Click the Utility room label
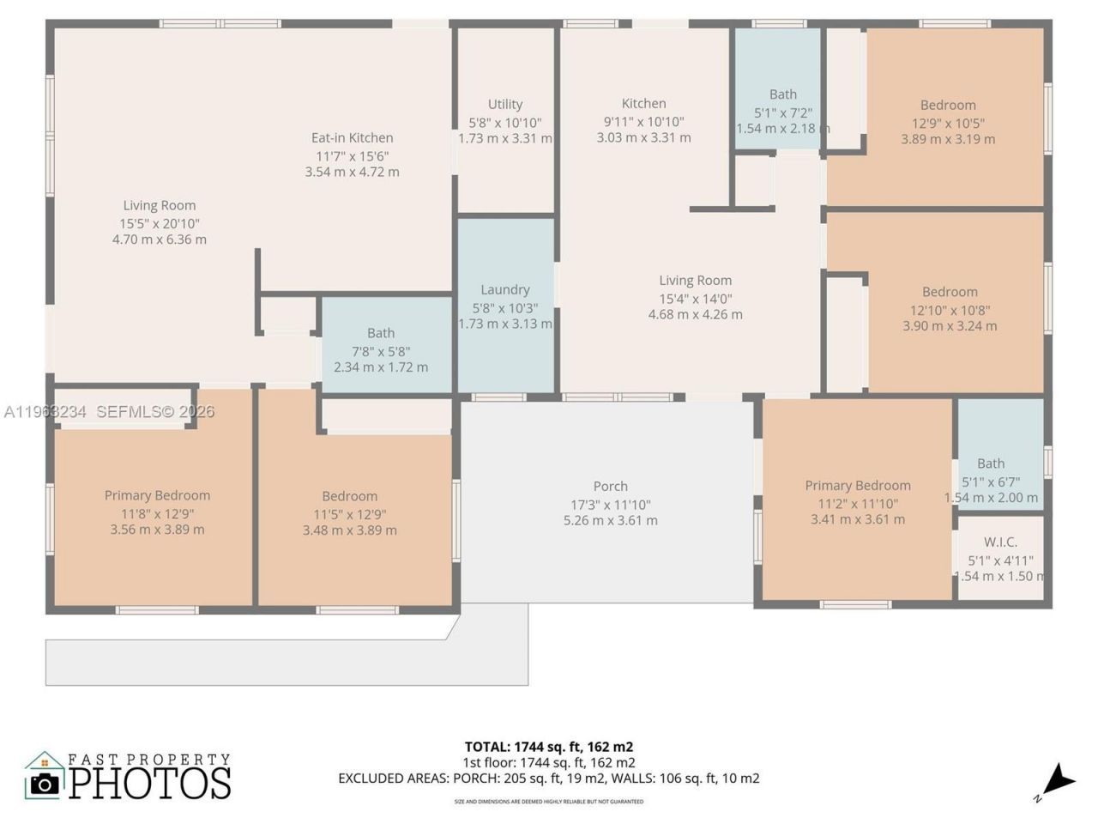(505, 104)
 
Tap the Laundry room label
(505, 289)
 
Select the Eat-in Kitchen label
(352, 137)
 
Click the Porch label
(611, 486)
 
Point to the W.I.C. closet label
(1000, 542)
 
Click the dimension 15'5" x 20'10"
(160, 223)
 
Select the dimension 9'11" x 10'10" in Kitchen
(643, 122)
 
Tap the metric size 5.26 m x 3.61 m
(611, 520)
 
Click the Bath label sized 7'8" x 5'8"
(381, 333)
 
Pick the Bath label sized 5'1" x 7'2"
(782, 94)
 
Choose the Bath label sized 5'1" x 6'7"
(991, 463)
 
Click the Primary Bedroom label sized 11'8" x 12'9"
(157, 495)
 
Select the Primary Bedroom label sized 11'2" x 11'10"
(858, 485)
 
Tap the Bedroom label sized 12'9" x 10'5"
(948, 105)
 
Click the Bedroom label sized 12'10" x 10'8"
(950, 292)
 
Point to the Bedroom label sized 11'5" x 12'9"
(350, 496)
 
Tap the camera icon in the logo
(44, 782)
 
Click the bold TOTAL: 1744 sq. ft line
(549, 747)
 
